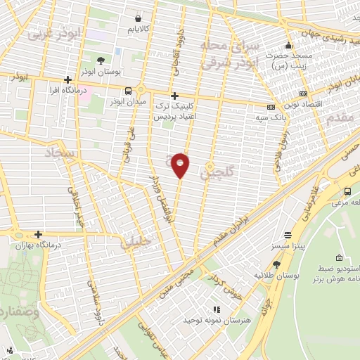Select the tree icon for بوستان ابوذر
103,60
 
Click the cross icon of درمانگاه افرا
67,80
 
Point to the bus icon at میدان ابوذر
128,91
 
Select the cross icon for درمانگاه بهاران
38,235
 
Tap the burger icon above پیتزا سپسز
287,236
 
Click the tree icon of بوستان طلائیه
276,264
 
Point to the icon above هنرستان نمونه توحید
216,309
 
